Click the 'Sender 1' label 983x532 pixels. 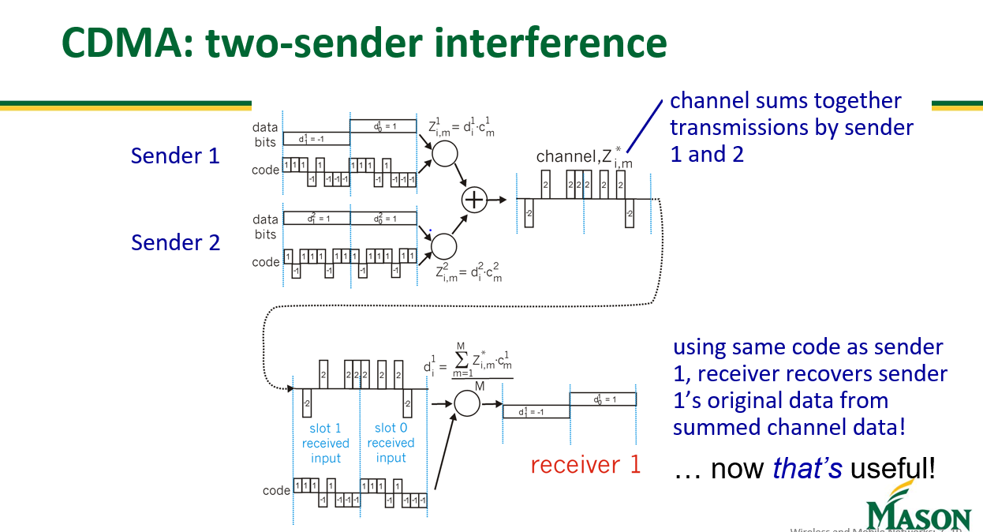[175, 155]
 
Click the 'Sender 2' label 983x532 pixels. [175, 242]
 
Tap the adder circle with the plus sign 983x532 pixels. [473, 200]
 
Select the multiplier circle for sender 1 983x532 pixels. [444, 154]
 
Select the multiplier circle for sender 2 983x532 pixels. [444, 246]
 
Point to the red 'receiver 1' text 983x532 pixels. [585, 465]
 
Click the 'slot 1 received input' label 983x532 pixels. [325, 443]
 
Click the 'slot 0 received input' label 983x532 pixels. [391, 443]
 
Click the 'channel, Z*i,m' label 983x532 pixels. [583, 157]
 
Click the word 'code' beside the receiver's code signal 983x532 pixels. [276, 490]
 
